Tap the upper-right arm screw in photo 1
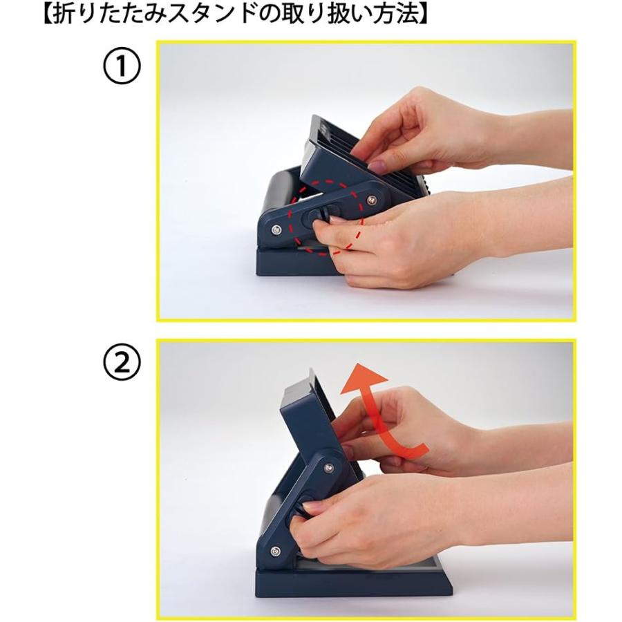pos(373,200)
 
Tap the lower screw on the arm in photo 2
pos(276,552)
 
